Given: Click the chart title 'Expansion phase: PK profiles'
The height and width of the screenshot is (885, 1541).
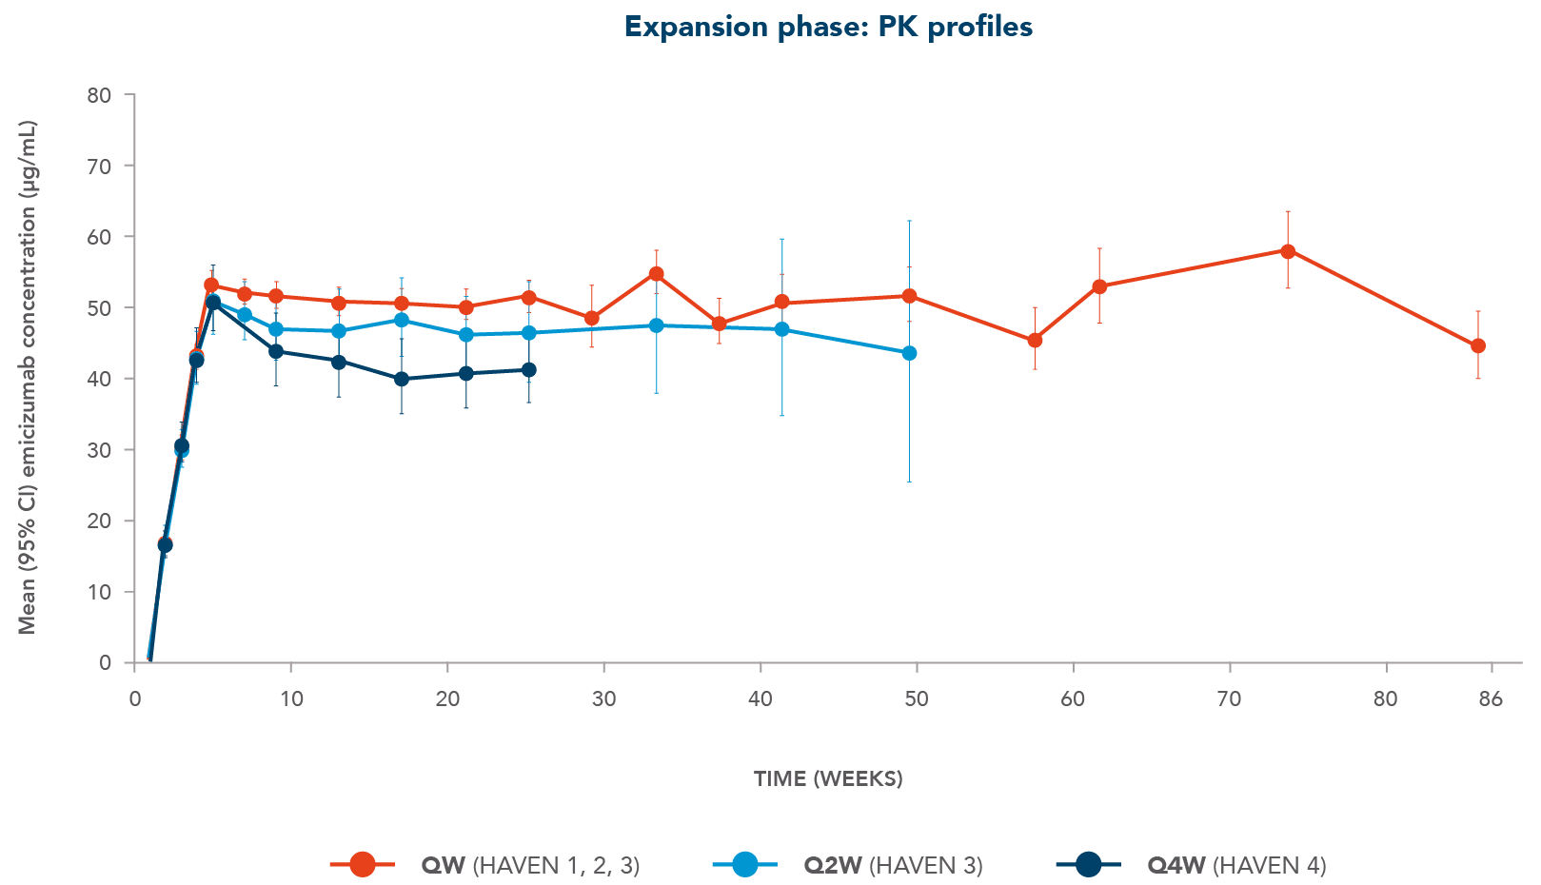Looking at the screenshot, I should (828, 27).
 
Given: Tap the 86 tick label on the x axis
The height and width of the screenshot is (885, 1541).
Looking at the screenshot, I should (1490, 699).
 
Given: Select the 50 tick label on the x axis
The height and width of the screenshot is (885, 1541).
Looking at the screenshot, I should (916, 699).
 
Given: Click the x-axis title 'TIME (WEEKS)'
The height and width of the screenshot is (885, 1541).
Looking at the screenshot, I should (828, 778).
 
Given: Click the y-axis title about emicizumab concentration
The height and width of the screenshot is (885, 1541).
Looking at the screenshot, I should (27, 377).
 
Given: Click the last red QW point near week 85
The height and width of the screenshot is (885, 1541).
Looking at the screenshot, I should (1477, 346).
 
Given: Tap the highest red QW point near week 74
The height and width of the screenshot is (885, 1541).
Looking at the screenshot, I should (1288, 251).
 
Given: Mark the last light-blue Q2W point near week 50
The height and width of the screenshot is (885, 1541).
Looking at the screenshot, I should (909, 353).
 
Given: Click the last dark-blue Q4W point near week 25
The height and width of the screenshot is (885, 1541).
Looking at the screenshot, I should (528, 370).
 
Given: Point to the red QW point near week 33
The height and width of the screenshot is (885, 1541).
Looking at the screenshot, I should (656, 274).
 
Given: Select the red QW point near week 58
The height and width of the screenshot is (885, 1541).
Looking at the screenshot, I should (1035, 341).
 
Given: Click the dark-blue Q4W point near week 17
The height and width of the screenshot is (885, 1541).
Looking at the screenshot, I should (401, 379).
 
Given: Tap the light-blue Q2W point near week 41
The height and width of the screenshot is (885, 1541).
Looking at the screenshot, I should (782, 329).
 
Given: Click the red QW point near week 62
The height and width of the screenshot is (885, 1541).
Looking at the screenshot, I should (1099, 286).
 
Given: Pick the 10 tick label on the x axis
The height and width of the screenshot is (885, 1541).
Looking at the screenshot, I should (291, 699).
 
